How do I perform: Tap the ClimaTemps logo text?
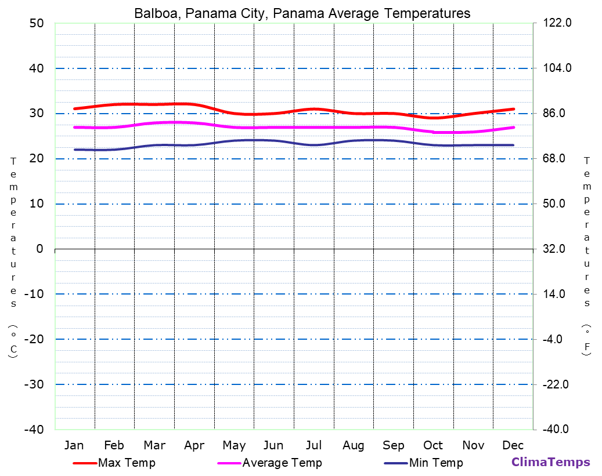coord(550,463)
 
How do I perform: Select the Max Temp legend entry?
coord(127,463)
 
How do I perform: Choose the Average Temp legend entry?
coord(282,463)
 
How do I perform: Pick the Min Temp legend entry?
coord(436,463)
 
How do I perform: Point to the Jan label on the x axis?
coord(74,445)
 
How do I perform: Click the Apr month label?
coord(194,445)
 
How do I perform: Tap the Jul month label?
coord(313,445)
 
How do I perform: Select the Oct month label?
coord(433,445)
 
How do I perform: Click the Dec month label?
coord(513,445)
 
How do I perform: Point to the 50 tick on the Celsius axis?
coord(36,23)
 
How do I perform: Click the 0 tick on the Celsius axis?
coord(39,249)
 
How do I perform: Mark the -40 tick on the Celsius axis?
coord(33,430)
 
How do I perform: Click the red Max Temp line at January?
coord(74,108)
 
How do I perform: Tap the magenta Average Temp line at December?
coord(513,127)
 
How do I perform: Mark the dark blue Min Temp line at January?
coord(74,150)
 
